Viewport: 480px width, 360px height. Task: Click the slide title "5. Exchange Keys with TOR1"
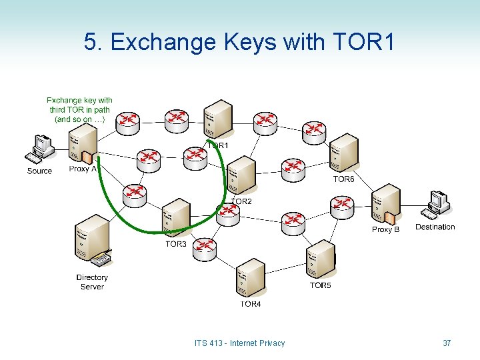[239, 42]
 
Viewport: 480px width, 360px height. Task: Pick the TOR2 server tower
[241, 175]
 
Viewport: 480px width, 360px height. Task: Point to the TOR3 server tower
[176, 218]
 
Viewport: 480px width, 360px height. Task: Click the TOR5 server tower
[320, 259]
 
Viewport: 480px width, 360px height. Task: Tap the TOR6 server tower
[344, 153]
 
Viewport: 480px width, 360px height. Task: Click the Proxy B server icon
[386, 205]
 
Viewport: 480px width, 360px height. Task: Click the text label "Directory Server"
[92, 282]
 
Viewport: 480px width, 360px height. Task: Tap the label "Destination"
[435, 227]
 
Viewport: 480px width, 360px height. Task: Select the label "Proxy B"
[385, 229]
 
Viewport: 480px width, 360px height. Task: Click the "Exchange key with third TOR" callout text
[79, 109]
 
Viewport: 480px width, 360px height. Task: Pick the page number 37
[447, 343]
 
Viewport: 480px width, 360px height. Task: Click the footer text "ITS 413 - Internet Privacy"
[239, 343]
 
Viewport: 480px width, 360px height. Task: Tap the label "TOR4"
[251, 304]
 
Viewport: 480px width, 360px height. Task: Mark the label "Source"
[39, 171]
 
